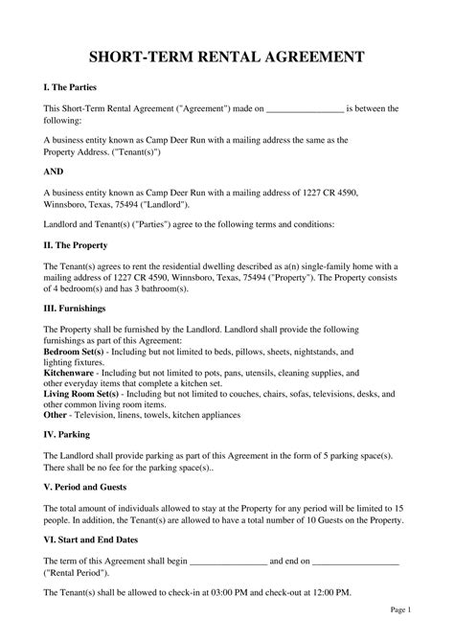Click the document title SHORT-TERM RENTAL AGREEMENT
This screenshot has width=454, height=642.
(x=226, y=57)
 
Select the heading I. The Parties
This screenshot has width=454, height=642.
(x=71, y=87)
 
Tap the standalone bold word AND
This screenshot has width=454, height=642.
(x=57, y=172)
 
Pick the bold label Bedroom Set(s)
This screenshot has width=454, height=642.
(x=74, y=353)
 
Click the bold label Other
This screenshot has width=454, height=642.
(x=56, y=415)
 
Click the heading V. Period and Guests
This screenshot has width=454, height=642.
(x=92, y=487)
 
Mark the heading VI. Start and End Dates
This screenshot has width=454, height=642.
(x=100, y=540)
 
